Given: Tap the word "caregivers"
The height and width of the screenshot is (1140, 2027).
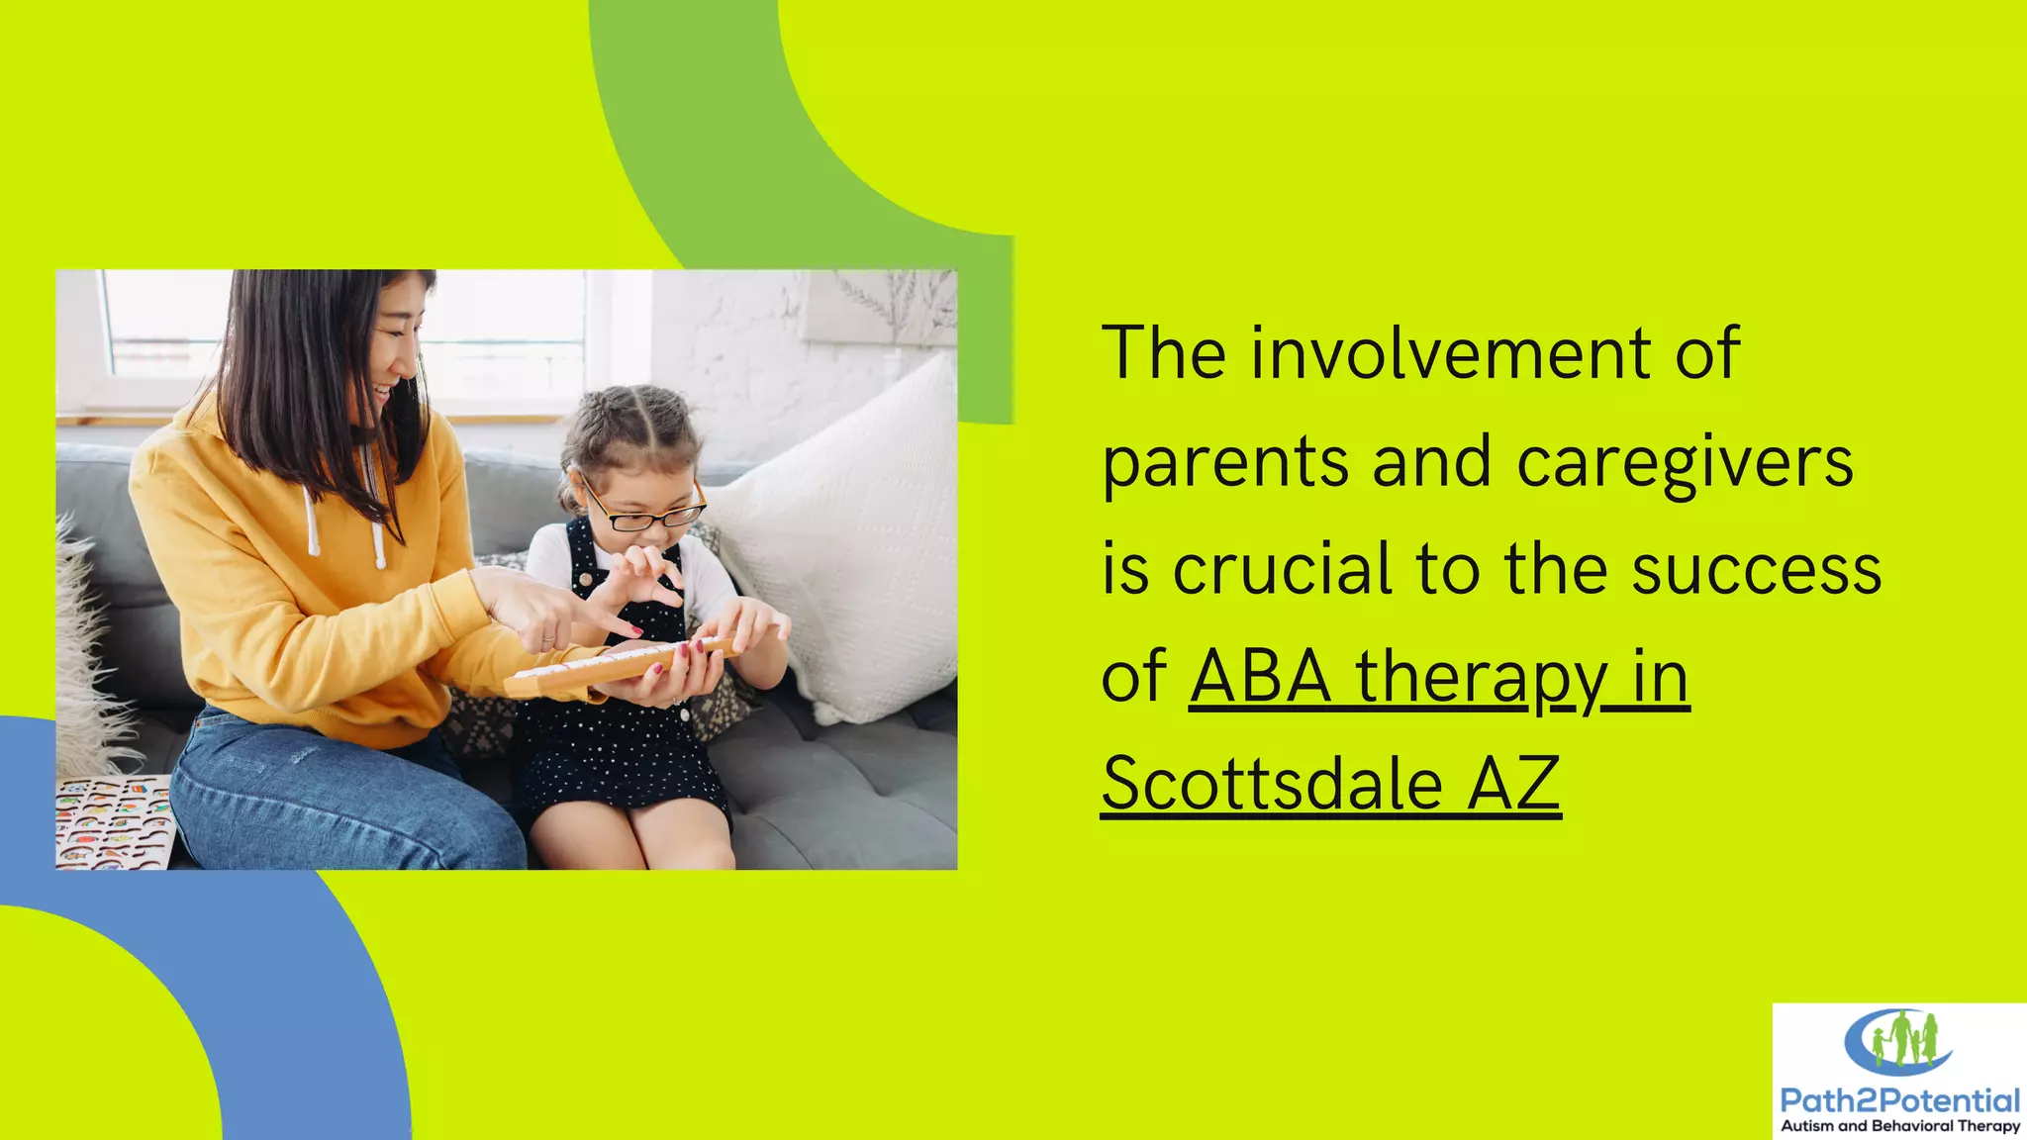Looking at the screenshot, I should click(x=1685, y=463).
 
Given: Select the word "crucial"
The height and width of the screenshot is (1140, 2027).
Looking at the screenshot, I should click(x=1284, y=570).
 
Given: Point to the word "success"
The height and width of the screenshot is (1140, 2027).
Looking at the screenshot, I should click(x=1757, y=571).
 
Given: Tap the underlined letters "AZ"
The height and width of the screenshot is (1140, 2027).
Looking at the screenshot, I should click(x=1514, y=784).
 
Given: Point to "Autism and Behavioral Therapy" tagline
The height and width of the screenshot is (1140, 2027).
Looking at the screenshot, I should click(x=1899, y=1126).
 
